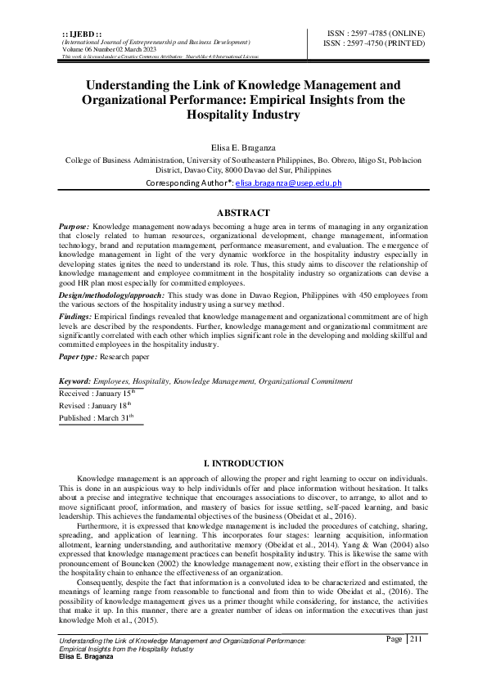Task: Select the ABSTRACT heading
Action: point(243,212)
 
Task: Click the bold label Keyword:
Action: point(75,382)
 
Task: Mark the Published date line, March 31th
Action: point(95,418)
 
